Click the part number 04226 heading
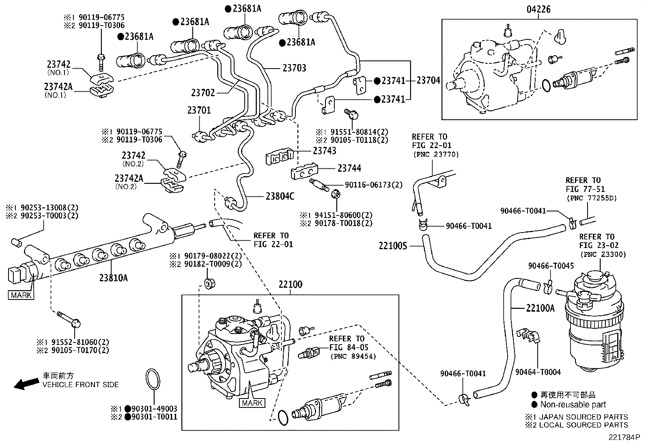coord(539,9)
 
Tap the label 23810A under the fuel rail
coord(114,278)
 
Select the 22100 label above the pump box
coord(290,284)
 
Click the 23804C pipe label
coord(280,196)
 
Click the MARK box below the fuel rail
coord(21,295)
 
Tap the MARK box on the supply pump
coord(252,403)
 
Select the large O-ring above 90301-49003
coord(153,381)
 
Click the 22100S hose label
coord(392,246)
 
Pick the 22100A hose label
coord(540,308)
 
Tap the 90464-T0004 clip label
coord(538,372)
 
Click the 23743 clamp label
coord(325,151)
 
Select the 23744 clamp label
coord(349,168)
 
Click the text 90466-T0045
coord(551,266)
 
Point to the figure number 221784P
coord(625,438)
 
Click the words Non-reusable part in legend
coord(573,405)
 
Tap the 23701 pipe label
coord(199,110)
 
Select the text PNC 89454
coord(353,356)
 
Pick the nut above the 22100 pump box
coord(208,283)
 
